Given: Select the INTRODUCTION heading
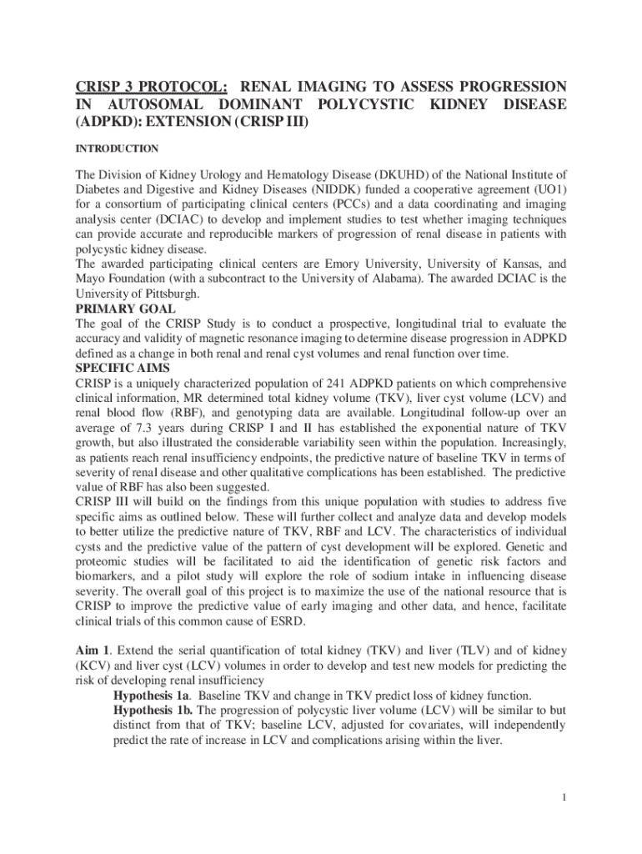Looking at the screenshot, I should [117, 148].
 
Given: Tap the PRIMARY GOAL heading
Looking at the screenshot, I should [125, 309].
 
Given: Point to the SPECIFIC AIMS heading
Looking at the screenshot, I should [123, 367].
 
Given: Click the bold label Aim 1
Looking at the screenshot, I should [92, 651].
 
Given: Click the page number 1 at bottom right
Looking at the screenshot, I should [564, 797].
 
